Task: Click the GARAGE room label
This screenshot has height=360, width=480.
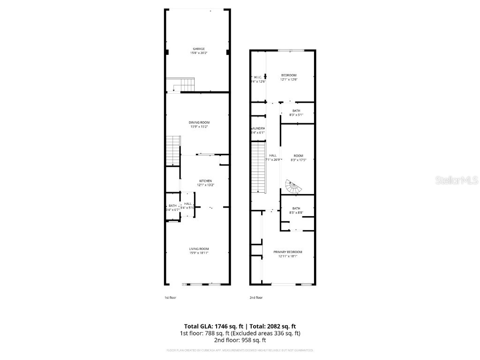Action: (199, 49)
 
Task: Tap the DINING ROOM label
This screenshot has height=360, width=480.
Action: (199, 122)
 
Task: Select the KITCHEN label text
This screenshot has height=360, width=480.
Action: (205, 181)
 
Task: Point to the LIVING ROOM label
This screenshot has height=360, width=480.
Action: (199, 249)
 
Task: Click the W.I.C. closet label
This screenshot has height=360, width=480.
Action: (258, 77)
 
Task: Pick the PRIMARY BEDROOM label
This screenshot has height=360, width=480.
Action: (288, 252)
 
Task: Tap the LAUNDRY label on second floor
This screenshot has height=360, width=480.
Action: (258, 128)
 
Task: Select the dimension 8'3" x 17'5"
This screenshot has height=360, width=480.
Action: (298, 160)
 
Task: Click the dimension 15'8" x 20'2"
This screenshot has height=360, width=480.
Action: (199, 53)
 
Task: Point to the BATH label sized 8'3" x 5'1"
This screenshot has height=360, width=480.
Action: (296, 111)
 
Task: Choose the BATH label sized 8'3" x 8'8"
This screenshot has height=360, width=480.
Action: (296, 208)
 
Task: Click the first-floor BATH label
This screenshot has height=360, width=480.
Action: (172, 205)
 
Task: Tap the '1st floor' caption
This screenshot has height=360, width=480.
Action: (170, 298)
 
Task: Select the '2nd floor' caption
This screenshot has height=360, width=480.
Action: (256, 298)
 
